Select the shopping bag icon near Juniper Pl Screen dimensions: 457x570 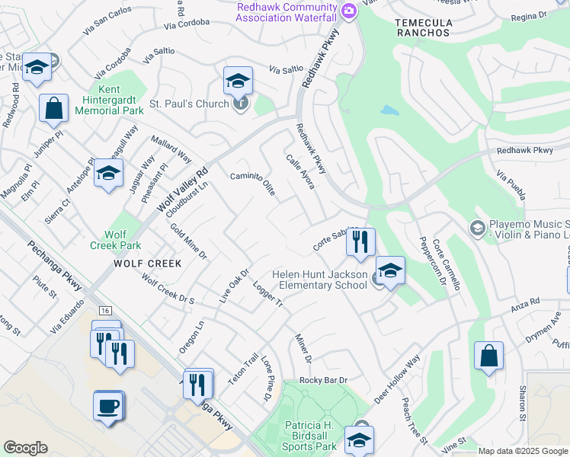click(54, 109)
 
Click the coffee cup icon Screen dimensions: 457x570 click(108, 404)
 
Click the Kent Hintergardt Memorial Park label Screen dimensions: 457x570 click(110, 100)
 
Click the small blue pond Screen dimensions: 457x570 click(389, 110)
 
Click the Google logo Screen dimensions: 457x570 click(25, 448)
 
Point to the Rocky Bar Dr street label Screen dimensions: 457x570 click(323, 380)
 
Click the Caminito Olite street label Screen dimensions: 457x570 click(252, 184)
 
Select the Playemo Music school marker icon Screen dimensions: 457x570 click(477, 228)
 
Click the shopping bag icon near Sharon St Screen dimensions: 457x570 click(488, 356)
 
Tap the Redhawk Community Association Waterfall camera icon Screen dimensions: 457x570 click(349, 10)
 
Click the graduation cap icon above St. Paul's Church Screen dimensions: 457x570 click(238, 81)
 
